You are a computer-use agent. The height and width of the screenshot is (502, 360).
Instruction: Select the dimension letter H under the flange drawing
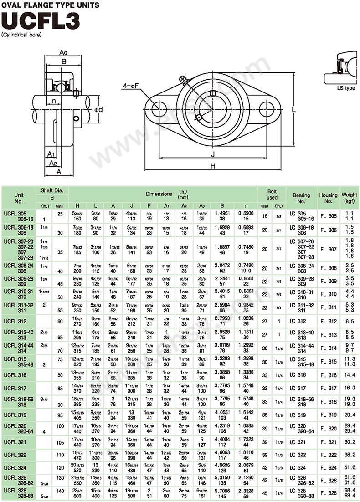click(213, 167)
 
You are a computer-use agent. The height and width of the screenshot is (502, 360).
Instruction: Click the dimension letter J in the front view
click(213, 154)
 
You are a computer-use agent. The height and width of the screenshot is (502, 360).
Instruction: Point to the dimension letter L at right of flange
click(294, 109)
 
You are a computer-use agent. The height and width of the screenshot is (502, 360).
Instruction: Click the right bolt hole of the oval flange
click(266, 109)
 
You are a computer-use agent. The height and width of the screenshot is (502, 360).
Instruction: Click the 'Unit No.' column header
click(19, 197)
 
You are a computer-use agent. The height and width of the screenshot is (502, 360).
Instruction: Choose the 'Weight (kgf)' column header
click(349, 197)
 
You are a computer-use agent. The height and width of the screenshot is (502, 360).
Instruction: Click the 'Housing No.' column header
click(328, 197)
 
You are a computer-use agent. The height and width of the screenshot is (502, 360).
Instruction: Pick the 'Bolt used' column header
click(272, 194)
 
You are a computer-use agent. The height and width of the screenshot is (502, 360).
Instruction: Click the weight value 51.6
click(349, 467)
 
